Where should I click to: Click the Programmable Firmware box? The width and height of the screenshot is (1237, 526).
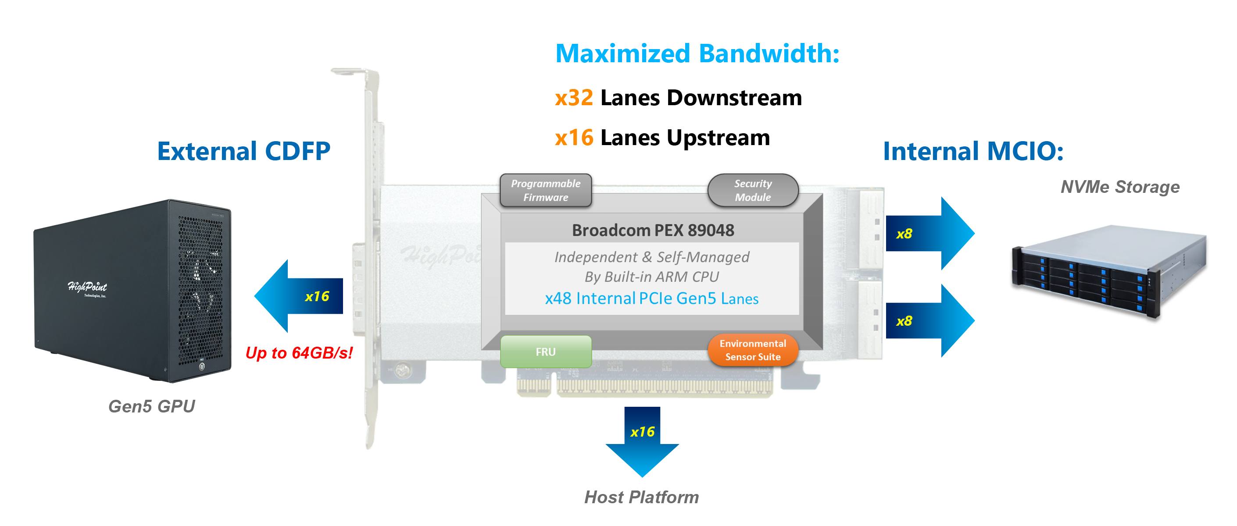546,190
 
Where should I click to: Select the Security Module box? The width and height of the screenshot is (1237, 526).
753,190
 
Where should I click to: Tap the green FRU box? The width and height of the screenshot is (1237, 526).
546,352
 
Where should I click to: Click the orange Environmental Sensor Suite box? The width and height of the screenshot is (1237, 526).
753,350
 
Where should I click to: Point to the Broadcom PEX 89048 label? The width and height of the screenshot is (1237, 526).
653,231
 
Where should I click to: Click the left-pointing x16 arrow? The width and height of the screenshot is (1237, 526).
299,296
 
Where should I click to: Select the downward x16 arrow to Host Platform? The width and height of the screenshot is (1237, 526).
642,441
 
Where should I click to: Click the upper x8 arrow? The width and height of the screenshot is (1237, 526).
930,233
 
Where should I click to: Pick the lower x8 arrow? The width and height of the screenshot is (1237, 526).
930,320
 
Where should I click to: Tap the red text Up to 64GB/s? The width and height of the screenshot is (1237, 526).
299,353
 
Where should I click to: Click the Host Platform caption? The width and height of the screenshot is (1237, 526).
642,497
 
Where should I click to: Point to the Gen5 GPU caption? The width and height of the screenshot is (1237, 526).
152,406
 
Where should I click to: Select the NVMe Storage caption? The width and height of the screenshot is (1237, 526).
1120,187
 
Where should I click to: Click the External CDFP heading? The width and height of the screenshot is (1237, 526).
243,151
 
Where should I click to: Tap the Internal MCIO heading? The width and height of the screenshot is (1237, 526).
973,151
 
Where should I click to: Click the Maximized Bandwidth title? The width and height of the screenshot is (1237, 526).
697,53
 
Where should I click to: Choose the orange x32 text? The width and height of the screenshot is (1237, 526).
574,98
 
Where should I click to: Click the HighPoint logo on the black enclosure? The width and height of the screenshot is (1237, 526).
87,288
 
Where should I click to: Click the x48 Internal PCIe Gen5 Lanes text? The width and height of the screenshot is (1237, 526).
652,299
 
